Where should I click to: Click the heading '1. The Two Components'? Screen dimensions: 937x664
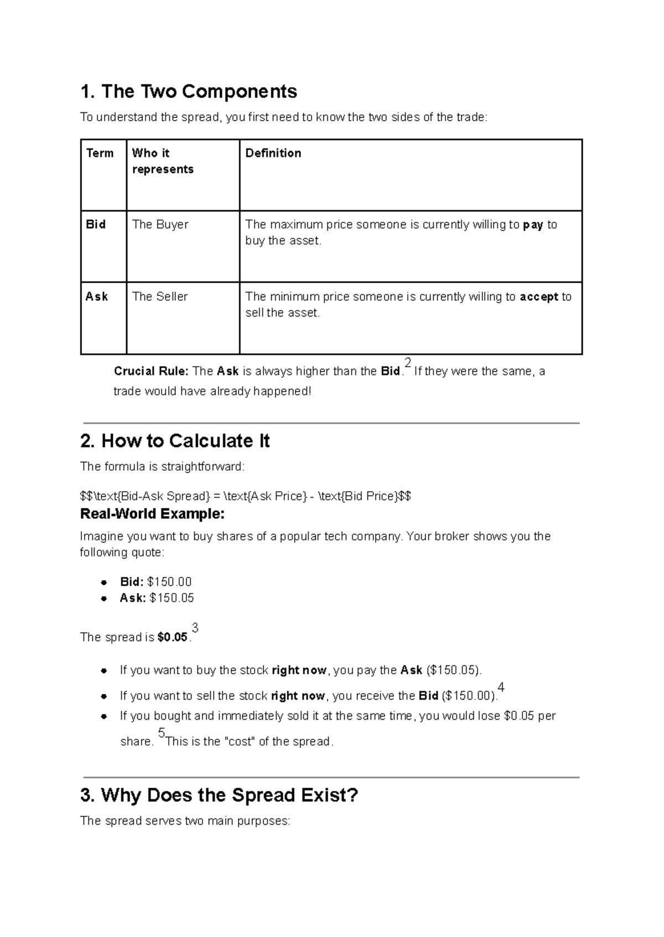point(189,91)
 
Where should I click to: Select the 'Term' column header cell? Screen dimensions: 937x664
point(100,153)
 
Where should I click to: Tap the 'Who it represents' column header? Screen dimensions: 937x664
point(162,161)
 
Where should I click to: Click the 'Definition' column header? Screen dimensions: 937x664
point(273,153)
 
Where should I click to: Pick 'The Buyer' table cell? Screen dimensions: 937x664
point(160,225)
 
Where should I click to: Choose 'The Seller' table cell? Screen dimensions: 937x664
point(160,296)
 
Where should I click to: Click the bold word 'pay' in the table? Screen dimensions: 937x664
point(533,225)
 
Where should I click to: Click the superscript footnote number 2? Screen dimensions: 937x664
point(408,363)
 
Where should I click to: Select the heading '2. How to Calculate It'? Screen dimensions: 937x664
point(175,441)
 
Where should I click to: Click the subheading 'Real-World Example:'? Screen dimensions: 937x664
point(152,514)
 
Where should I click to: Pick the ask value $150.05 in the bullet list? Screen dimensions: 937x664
point(172,598)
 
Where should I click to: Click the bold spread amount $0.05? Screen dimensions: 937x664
point(173,637)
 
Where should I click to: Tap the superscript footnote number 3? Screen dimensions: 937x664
point(195,628)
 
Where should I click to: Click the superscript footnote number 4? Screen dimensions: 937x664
point(501,688)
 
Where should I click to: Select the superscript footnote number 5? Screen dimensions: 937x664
point(161,733)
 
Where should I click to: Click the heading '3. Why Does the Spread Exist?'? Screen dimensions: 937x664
point(219,795)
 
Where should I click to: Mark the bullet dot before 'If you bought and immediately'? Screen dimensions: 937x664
point(103,716)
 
